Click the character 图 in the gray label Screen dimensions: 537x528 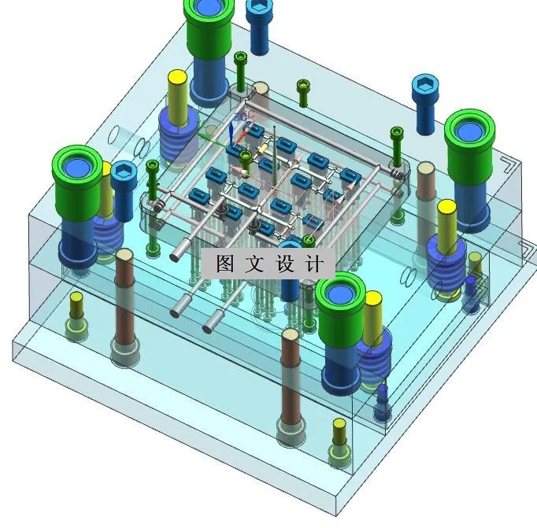point(224,263)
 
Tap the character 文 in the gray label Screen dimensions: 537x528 point(254,263)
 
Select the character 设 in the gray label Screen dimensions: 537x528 point(284,264)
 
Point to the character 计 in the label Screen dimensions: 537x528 point(314,264)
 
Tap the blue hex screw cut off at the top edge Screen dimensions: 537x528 point(258,26)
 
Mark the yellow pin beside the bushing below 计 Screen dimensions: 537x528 point(373,317)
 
